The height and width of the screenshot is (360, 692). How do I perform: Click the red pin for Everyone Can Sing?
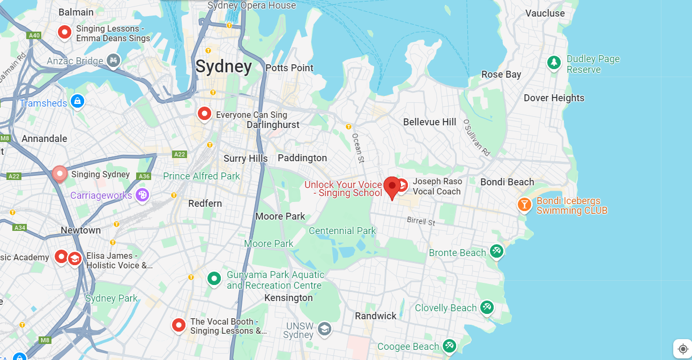(204, 114)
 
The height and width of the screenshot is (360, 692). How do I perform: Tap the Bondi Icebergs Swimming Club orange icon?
(524, 204)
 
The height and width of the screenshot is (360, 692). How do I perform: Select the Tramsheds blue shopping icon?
(78, 101)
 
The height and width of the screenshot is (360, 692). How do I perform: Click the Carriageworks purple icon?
(142, 195)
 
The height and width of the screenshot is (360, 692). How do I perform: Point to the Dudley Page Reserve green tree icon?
(554, 63)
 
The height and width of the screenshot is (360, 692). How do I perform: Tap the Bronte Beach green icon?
(497, 251)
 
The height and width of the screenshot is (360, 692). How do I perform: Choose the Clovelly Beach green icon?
(487, 307)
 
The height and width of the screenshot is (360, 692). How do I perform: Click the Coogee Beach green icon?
(449, 346)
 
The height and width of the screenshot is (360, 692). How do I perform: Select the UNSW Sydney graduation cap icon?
(324, 328)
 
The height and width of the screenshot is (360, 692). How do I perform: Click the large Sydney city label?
(224, 67)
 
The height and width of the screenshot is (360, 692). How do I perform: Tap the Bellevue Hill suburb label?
(429, 122)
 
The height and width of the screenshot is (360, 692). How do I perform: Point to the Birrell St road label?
(421, 221)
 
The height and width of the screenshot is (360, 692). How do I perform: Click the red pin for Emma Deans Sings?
(65, 33)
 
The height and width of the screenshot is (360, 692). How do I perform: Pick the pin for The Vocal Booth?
(178, 325)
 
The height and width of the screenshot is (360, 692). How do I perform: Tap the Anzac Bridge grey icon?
(113, 61)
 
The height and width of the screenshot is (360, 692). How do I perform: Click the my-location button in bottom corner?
(682, 349)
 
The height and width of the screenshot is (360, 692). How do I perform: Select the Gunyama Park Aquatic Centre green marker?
(214, 278)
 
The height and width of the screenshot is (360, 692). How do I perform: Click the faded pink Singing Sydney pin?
(59, 174)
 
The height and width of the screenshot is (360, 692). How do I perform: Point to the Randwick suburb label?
(376, 316)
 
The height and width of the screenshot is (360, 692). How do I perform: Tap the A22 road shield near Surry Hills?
(180, 154)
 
